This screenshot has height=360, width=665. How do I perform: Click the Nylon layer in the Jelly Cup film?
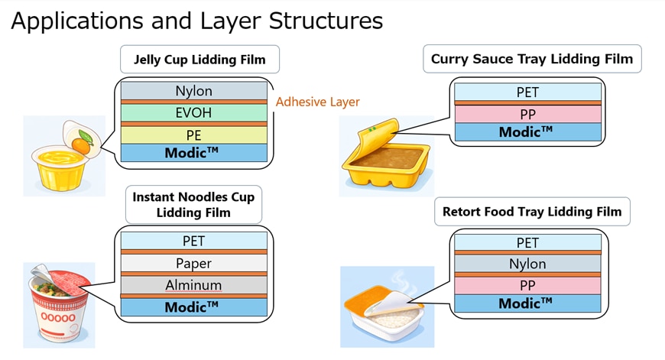[x=194, y=91]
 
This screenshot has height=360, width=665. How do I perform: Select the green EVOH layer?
[x=194, y=113]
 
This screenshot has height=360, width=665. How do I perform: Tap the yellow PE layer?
[x=194, y=135]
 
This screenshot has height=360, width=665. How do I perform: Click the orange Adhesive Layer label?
[x=317, y=102]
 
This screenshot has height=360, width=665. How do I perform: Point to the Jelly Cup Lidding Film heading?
[x=199, y=59]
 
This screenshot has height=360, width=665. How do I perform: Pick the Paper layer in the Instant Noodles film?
[x=194, y=263]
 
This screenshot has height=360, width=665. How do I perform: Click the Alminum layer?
[x=194, y=285]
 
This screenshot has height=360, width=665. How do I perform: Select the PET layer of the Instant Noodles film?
[x=194, y=241]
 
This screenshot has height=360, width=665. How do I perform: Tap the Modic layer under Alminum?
[x=194, y=306]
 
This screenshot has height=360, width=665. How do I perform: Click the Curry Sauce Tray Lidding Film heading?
[x=532, y=59]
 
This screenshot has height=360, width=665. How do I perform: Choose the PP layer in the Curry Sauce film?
[x=527, y=114]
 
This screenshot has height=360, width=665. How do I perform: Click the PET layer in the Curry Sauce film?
[x=527, y=92]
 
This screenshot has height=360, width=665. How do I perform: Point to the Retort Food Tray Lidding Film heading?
[x=532, y=212]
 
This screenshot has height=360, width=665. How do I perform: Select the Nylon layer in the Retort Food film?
[x=527, y=264]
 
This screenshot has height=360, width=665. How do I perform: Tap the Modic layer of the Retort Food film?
[x=527, y=304]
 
